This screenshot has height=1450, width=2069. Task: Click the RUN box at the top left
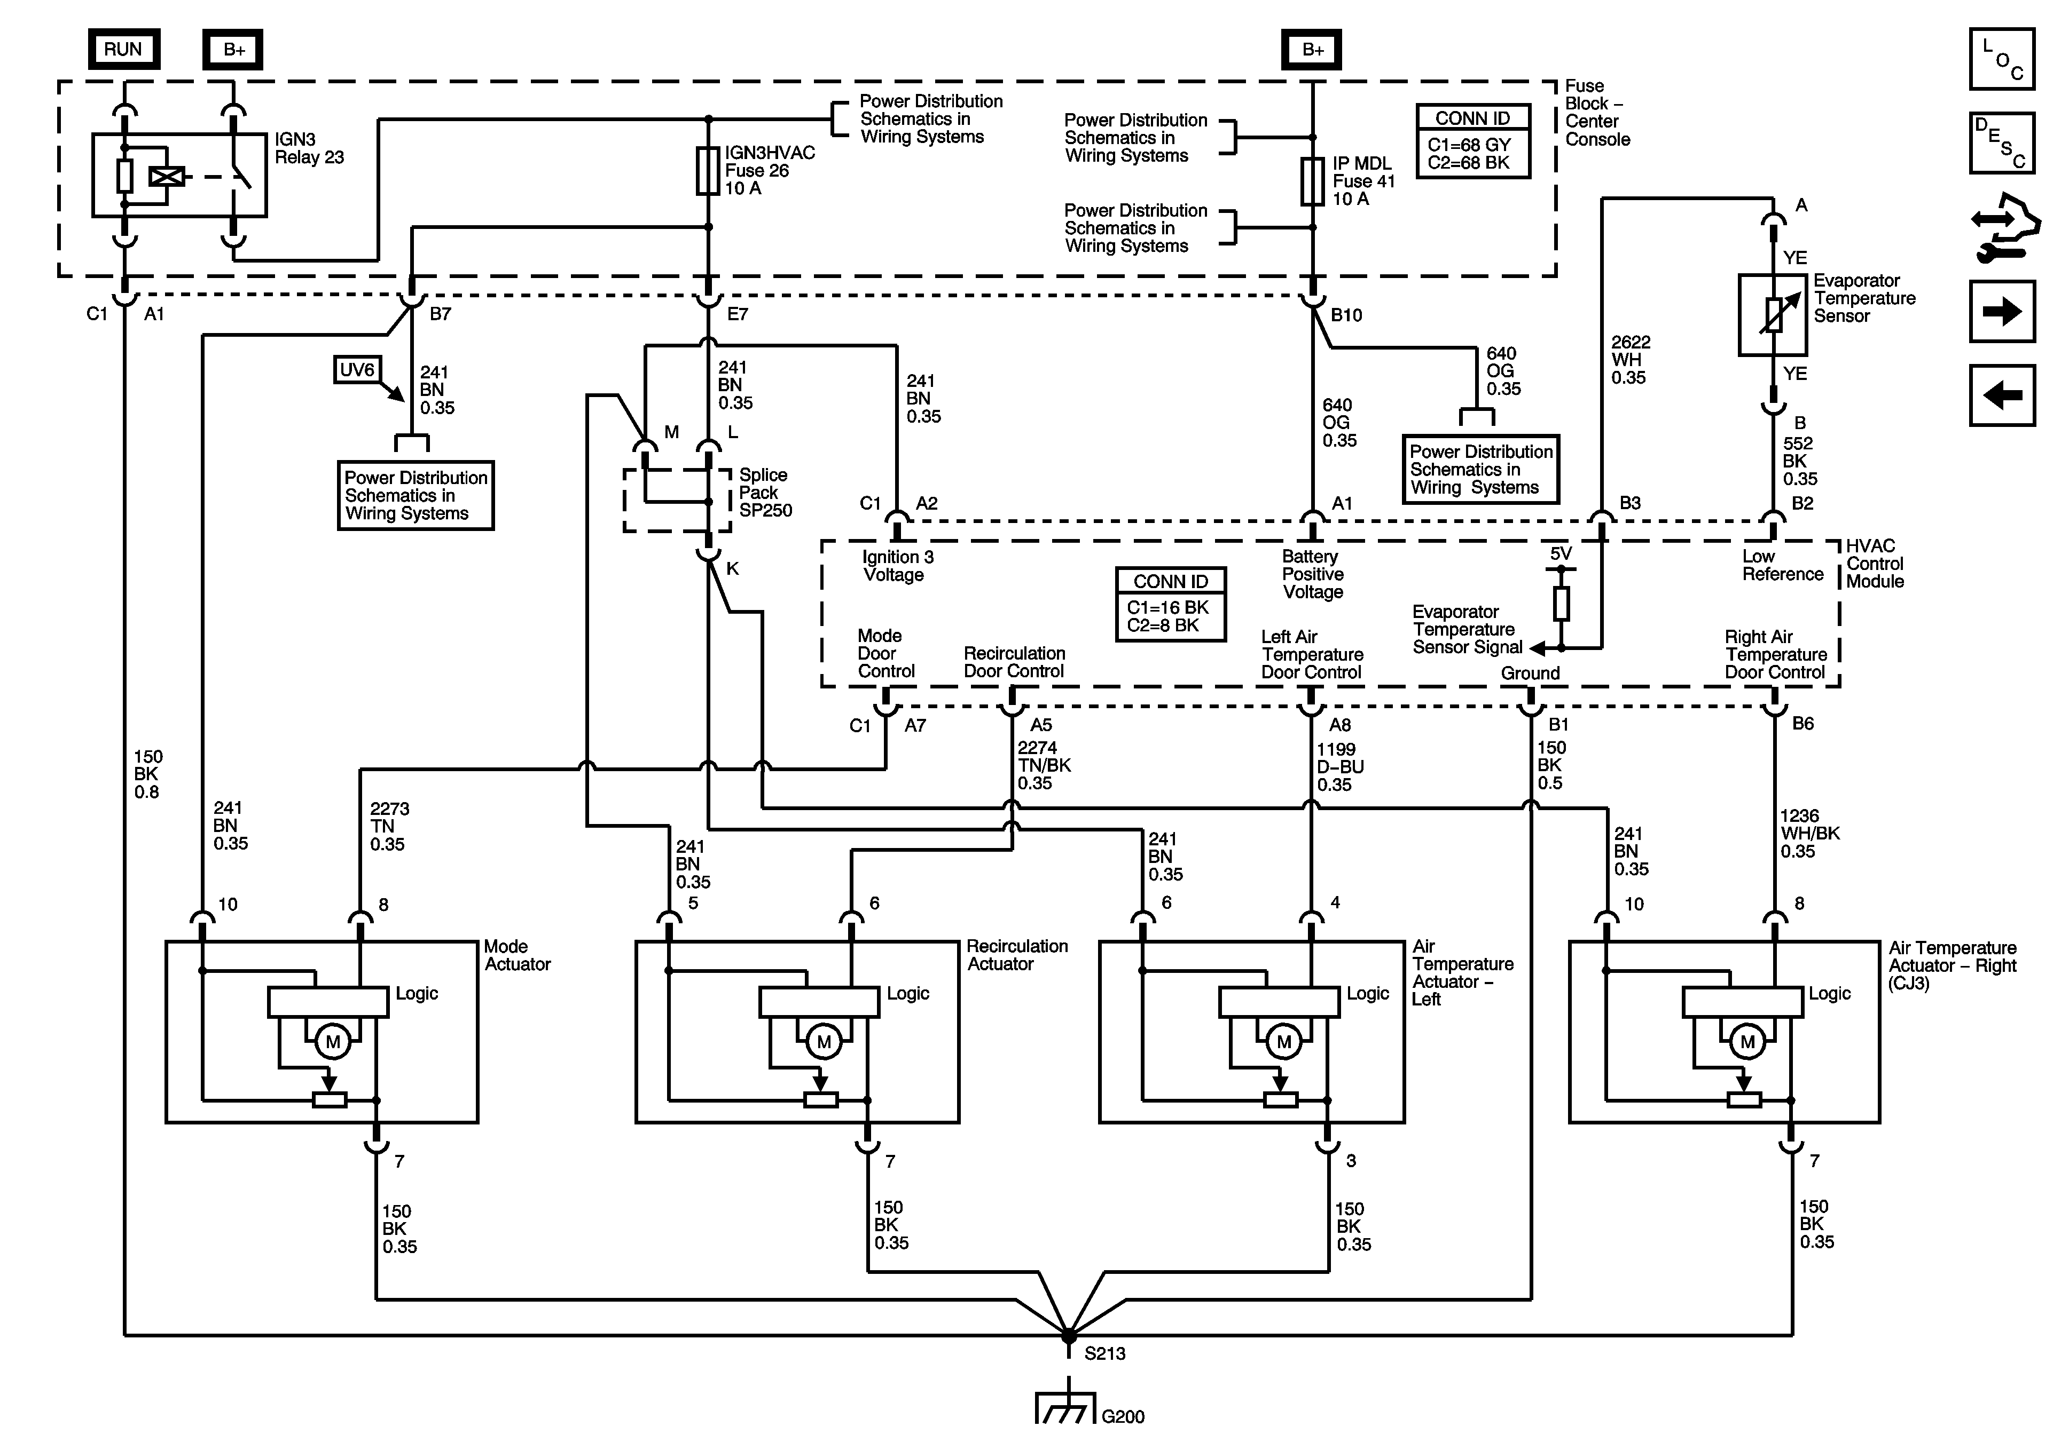(x=123, y=50)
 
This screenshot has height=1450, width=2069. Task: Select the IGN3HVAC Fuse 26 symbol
(x=708, y=171)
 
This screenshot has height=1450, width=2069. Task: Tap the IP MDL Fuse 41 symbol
(x=1312, y=181)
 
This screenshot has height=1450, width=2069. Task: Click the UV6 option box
(x=357, y=370)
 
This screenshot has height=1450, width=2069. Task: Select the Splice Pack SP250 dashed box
(x=677, y=500)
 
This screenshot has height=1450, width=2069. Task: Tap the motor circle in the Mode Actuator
(x=333, y=1042)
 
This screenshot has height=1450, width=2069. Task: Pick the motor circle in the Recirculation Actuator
(x=822, y=1042)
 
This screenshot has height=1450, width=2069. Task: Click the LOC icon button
(x=2001, y=59)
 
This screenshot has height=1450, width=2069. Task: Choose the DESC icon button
(x=2001, y=142)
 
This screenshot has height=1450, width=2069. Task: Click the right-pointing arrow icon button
(x=2001, y=312)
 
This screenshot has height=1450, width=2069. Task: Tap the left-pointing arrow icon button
(x=2001, y=394)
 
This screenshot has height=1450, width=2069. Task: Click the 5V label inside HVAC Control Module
(x=1561, y=554)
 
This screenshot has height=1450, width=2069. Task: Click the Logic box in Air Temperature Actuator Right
(x=1743, y=1002)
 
